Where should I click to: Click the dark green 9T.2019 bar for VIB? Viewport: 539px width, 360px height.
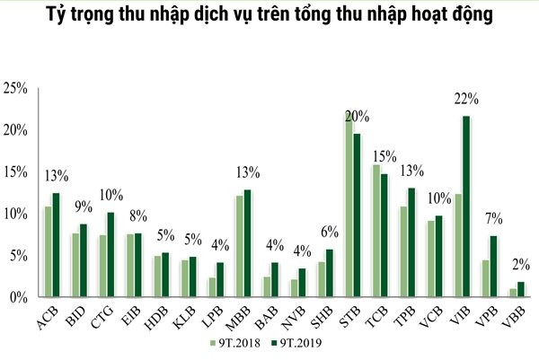click(x=466, y=206)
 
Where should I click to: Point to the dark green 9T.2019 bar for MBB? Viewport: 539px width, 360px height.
click(x=247, y=243)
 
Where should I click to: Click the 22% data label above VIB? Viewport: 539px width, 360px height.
click(x=464, y=98)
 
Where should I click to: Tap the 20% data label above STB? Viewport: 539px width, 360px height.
click(x=357, y=116)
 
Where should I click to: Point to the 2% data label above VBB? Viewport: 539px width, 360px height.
click(x=519, y=265)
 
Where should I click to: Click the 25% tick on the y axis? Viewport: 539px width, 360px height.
click(x=17, y=88)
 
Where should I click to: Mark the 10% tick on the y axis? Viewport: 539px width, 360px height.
click(x=17, y=214)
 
